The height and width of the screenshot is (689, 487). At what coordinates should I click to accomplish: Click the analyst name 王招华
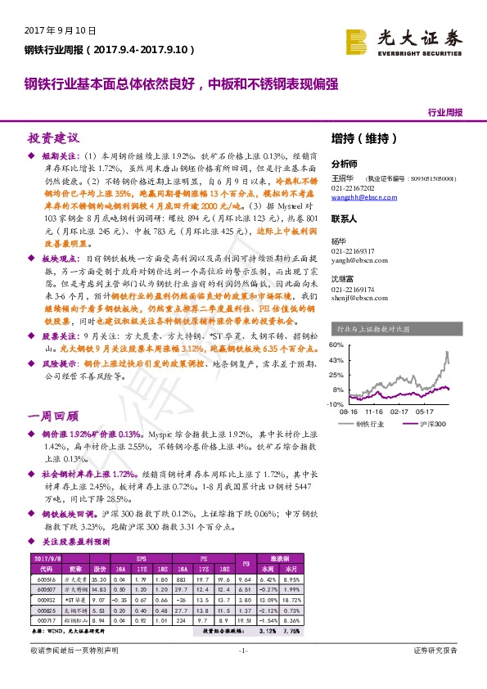(342, 178)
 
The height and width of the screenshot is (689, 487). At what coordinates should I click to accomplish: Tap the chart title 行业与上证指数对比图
(368, 329)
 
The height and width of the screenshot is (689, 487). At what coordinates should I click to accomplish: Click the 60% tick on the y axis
(336, 344)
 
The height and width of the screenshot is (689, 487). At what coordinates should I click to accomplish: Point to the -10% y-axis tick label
(336, 404)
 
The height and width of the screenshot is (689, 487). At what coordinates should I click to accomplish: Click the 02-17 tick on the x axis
(399, 412)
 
